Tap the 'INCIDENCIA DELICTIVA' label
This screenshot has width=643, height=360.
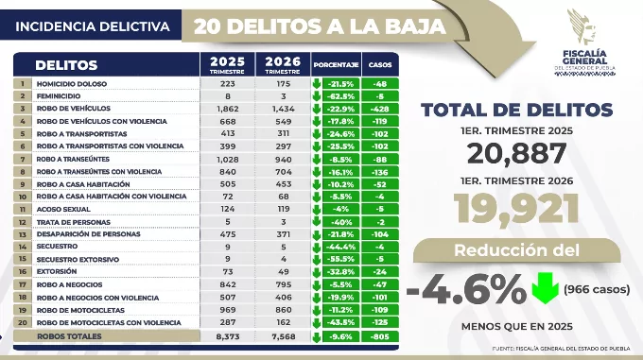point(93,26)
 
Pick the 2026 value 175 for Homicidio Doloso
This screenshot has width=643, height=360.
point(279,84)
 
